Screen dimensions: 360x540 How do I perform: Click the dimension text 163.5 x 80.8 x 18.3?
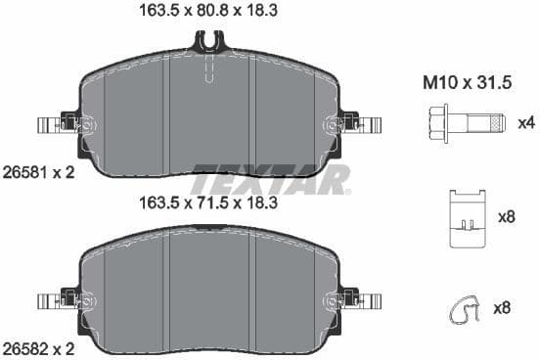coord(210,13)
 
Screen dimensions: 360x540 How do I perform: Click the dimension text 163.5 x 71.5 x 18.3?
coord(210,203)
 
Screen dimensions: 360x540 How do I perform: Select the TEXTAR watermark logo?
coord(270,180)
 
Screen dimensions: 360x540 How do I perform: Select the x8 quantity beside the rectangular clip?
coord(507,217)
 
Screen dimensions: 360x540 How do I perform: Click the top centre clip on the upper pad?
coord(209,42)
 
